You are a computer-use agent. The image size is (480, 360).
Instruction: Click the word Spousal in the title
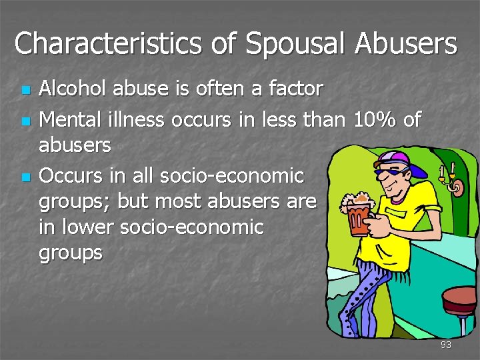pos(296,44)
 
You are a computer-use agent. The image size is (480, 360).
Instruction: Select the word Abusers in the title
pos(406,44)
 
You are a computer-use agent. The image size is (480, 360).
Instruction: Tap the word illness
pos(136,119)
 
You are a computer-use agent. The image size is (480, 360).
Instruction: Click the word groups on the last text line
pos(71,253)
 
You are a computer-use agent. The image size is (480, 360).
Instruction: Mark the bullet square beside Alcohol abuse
pos(25,89)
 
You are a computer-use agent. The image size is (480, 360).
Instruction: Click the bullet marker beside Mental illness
pos(25,121)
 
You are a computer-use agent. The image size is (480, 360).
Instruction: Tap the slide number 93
pos(446,345)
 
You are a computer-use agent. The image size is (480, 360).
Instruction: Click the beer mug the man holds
pos(359,217)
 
